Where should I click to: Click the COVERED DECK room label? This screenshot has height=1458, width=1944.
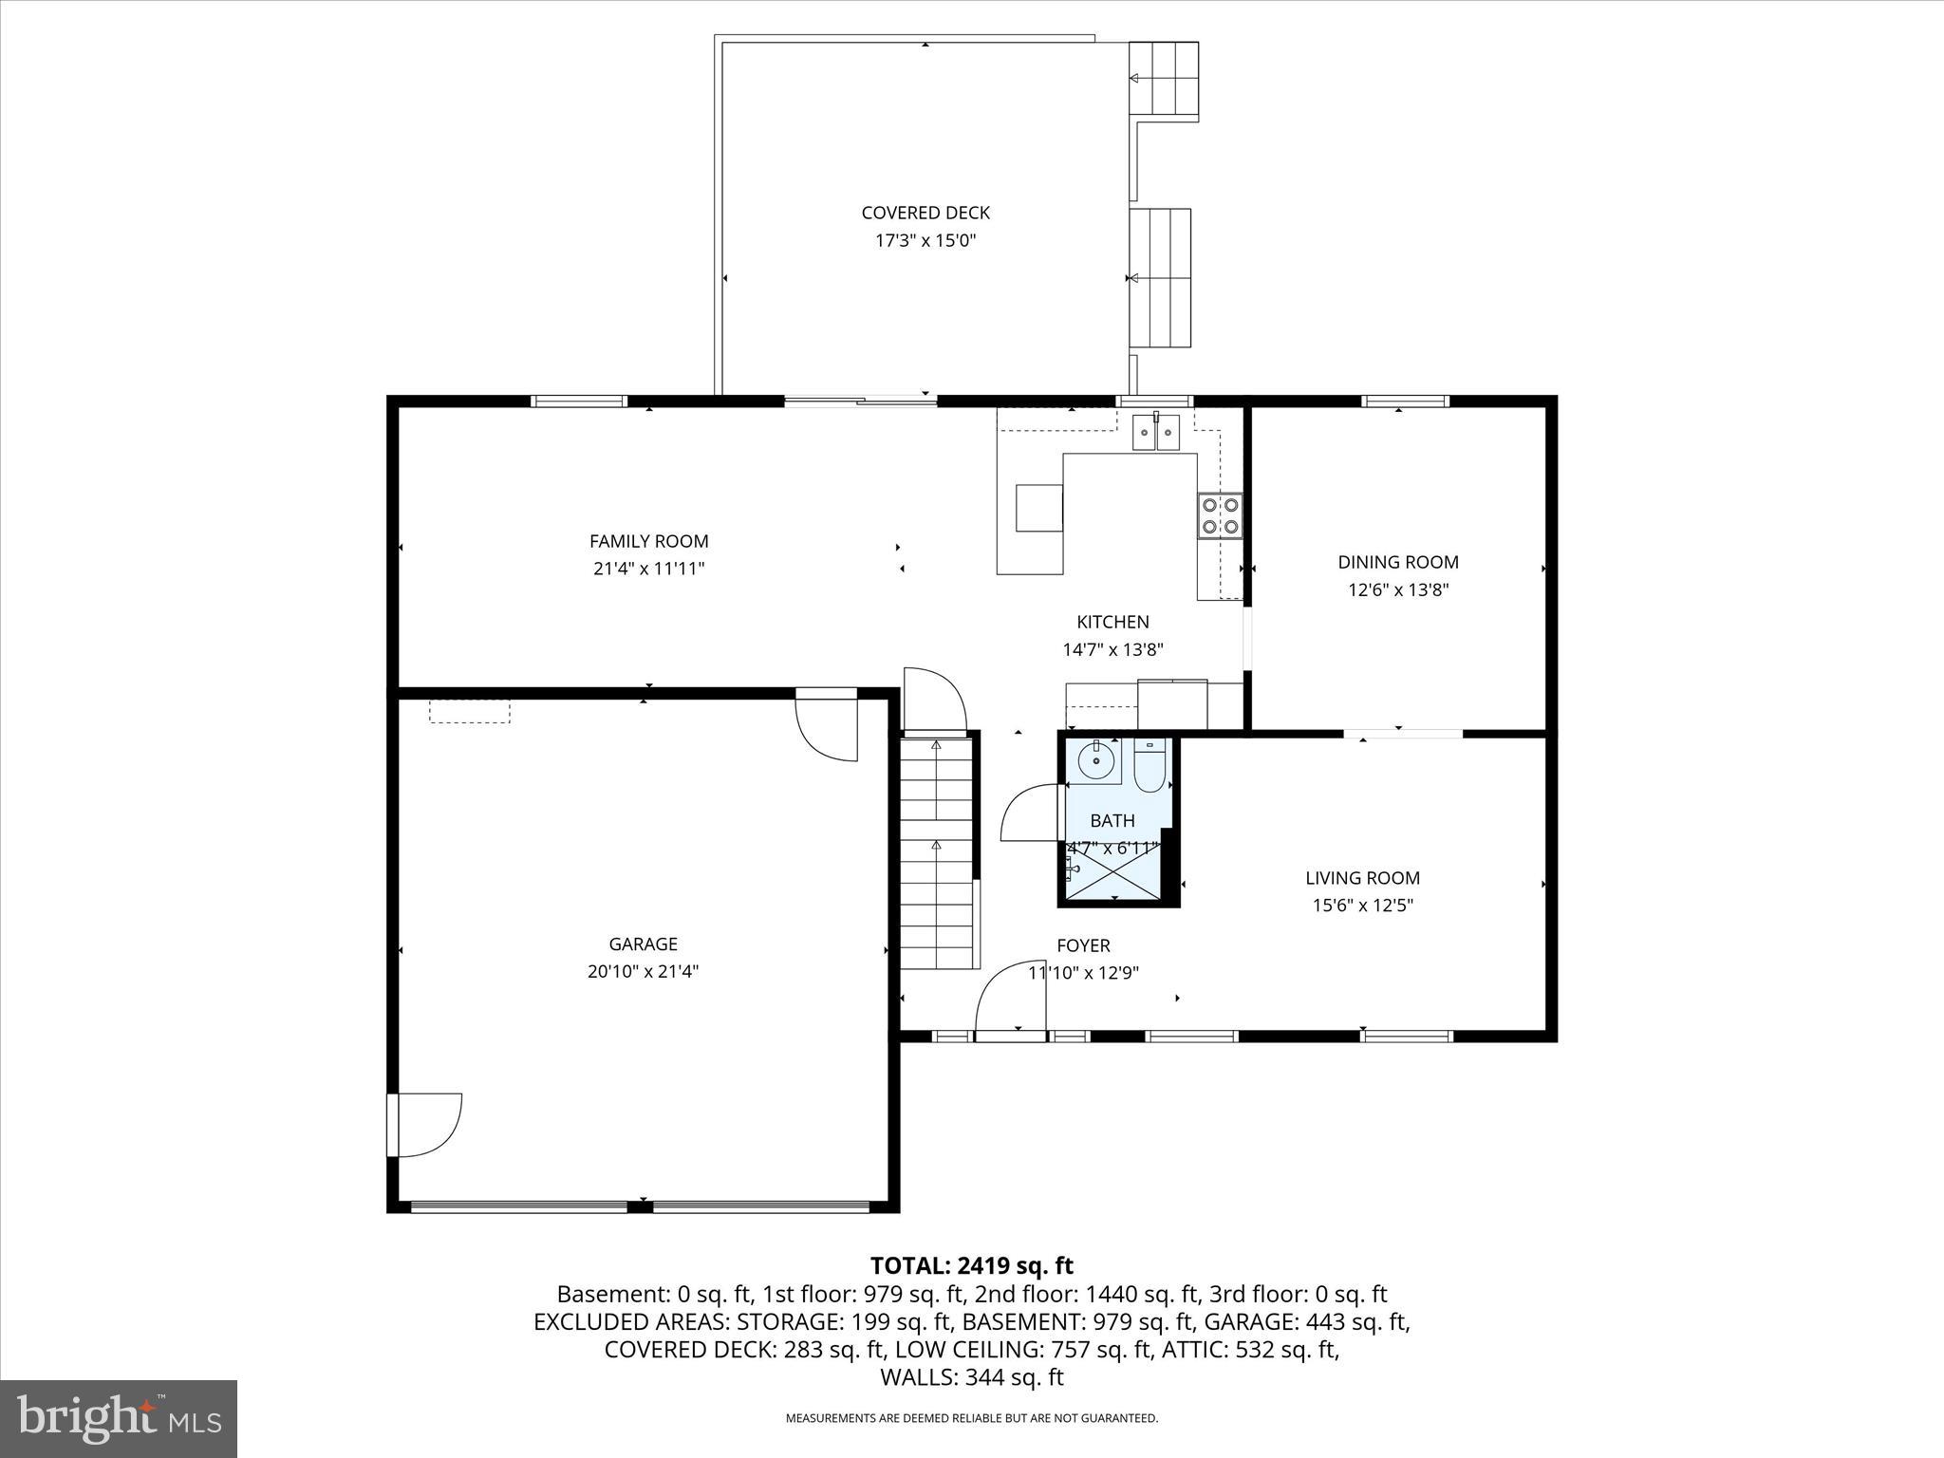(x=925, y=214)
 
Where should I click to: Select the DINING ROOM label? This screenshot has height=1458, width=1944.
(x=1398, y=562)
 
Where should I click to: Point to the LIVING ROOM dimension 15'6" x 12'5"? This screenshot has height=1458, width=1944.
(x=1362, y=906)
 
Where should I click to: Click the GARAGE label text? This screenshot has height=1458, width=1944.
(x=643, y=944)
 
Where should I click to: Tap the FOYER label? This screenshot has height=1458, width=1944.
(x=1083, y=945)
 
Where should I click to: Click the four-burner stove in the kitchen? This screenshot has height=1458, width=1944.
(x=1220, y=515)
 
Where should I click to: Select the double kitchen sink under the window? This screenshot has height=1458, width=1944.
(x=1155, y=434)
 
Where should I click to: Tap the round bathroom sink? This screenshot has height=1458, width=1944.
(x=1096, y=760)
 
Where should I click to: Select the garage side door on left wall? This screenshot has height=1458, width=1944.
(x=424, y=1125)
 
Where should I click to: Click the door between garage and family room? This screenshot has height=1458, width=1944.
(x=827, y=727)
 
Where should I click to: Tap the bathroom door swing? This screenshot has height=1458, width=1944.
(x=1031, y=813)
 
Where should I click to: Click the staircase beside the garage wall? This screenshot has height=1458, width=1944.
(x=937, y=854)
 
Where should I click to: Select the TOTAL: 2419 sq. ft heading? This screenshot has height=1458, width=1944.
(x=971, y=1265)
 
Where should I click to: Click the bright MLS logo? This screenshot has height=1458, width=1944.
(x=119, y=1419)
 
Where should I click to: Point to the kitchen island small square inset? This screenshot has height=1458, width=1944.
(x=1038, y=508)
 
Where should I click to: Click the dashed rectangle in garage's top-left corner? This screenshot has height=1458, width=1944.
(x=469, y=712)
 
